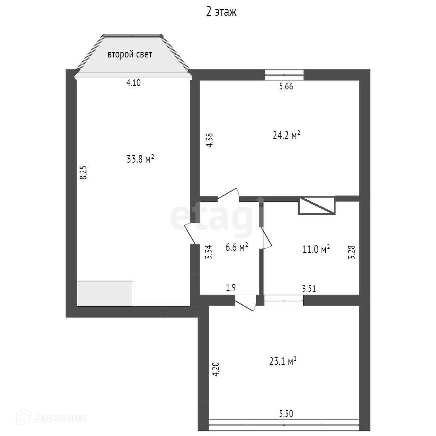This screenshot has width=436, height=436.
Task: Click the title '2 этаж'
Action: [x=221, y=12]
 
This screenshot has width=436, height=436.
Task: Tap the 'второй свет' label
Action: [x=130, y=54]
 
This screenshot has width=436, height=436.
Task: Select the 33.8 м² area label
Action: [x=140, y=159]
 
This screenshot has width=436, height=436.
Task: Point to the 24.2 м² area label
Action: [x=287, y=135]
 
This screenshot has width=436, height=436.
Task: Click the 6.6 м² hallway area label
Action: [x=237, y=247]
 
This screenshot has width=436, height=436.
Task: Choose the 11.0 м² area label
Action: [x=316, y=249]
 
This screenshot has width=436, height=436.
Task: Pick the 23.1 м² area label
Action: [x=283, y=361]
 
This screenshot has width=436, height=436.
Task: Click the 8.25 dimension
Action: [x=83, y=172]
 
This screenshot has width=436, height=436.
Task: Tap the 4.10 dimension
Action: [x=133, y=83]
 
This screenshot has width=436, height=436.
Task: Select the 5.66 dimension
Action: [x=286, y=86]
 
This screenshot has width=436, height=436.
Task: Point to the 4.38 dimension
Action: [x=209, y=140]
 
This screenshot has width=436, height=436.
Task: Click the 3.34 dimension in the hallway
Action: [x=208, y=252]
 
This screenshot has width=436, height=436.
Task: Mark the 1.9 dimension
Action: [x=231, y=287]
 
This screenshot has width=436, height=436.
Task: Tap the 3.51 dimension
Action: [x=309, y=288]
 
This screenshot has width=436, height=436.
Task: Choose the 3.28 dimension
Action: [x=351, y=252]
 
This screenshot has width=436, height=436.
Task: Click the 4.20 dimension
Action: [x=216, y=369]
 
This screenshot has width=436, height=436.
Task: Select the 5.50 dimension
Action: [x=286, y=413]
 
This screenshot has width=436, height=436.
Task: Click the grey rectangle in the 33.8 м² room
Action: [x=105, y=294]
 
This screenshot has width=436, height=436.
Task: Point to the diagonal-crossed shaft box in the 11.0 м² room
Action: [x=317, y=206]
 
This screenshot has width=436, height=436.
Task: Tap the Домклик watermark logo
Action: [x=51, y=417]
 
